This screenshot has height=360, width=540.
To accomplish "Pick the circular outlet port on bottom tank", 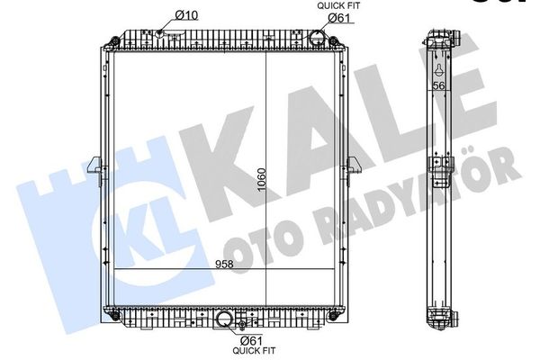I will coord(225,320).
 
